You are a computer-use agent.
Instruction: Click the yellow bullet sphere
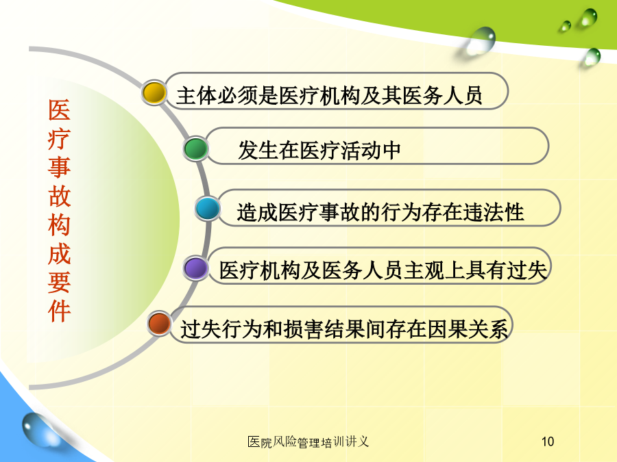(x=154, y=92)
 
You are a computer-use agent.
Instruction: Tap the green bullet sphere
(x=195, y=149)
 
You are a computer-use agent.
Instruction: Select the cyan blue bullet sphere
(x=207, y=209)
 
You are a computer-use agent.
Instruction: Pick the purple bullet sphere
(x=195, y=269)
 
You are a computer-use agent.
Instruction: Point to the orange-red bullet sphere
(x=159, y=324)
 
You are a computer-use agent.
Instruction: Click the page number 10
(x=548, y=441)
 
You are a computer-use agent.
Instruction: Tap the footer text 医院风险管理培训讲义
(x=308, y=442)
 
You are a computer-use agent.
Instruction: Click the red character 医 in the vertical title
(x=59, y=110)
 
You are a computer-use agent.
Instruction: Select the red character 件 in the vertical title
(x=59, y=311)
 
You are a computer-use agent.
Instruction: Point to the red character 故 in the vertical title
(x=59, y=196)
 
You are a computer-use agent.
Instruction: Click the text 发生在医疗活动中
(x=319, y=151)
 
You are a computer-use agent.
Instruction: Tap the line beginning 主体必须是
(x=329, y=95)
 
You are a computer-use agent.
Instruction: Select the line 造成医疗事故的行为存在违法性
(x=380, y=212)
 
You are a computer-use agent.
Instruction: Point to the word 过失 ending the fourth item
(x=527, y=270)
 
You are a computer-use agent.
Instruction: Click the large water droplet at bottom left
(x=39, y=429)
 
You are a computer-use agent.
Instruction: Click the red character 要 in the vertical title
(x=59, y=283)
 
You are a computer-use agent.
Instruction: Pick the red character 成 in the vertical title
(x=59, y=254)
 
